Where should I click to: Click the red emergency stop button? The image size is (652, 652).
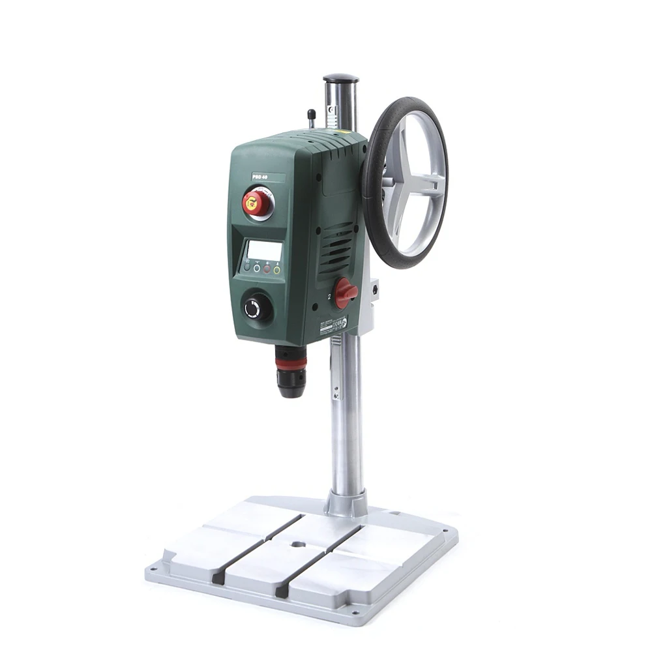click(256, 203)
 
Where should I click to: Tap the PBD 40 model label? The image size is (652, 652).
click(260, 175)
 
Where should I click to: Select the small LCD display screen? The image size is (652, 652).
click(265, 250)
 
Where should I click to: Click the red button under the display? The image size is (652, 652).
click(267, 269)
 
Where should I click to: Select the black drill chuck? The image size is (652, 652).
click(290, 381)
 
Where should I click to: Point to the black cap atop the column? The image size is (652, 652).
click(341, 79)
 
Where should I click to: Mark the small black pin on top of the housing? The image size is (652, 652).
click(312, 117)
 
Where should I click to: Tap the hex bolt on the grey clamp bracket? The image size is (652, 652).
click(375, 287)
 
